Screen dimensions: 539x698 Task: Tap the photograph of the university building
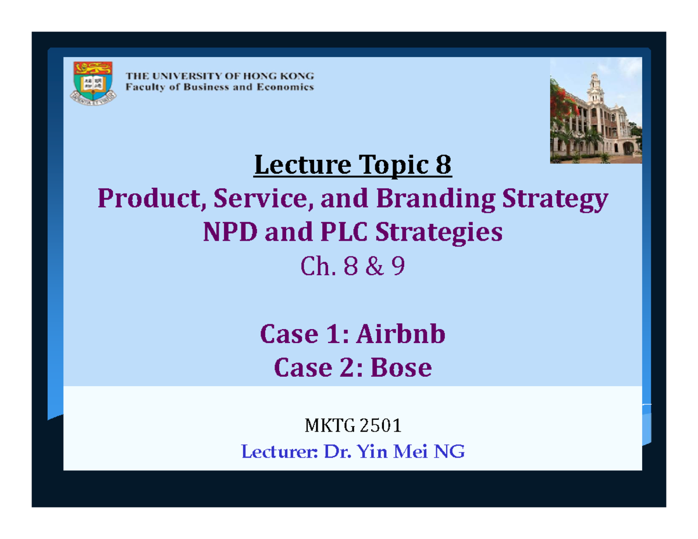pyautogui.click(x=596, y=111)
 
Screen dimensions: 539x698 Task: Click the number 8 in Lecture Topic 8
pyautogui.click(x=443, y=167)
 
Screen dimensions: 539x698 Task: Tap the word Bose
pyautogui.click(x=401, y=367)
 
